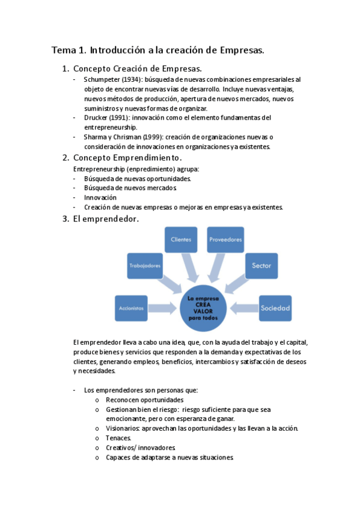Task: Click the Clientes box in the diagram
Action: [x=181, y=239]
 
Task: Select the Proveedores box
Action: [x=225, y=239]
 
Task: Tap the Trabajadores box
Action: [x=145, y=265]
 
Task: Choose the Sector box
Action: [x=261, y=265]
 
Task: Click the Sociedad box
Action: [x=275, y=308]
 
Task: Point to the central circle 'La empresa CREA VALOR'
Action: [x=203, y=307]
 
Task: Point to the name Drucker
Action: [x=96, y=118]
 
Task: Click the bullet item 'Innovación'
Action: [x=100, y=197]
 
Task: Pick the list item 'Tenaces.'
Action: [x=118, y=438]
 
